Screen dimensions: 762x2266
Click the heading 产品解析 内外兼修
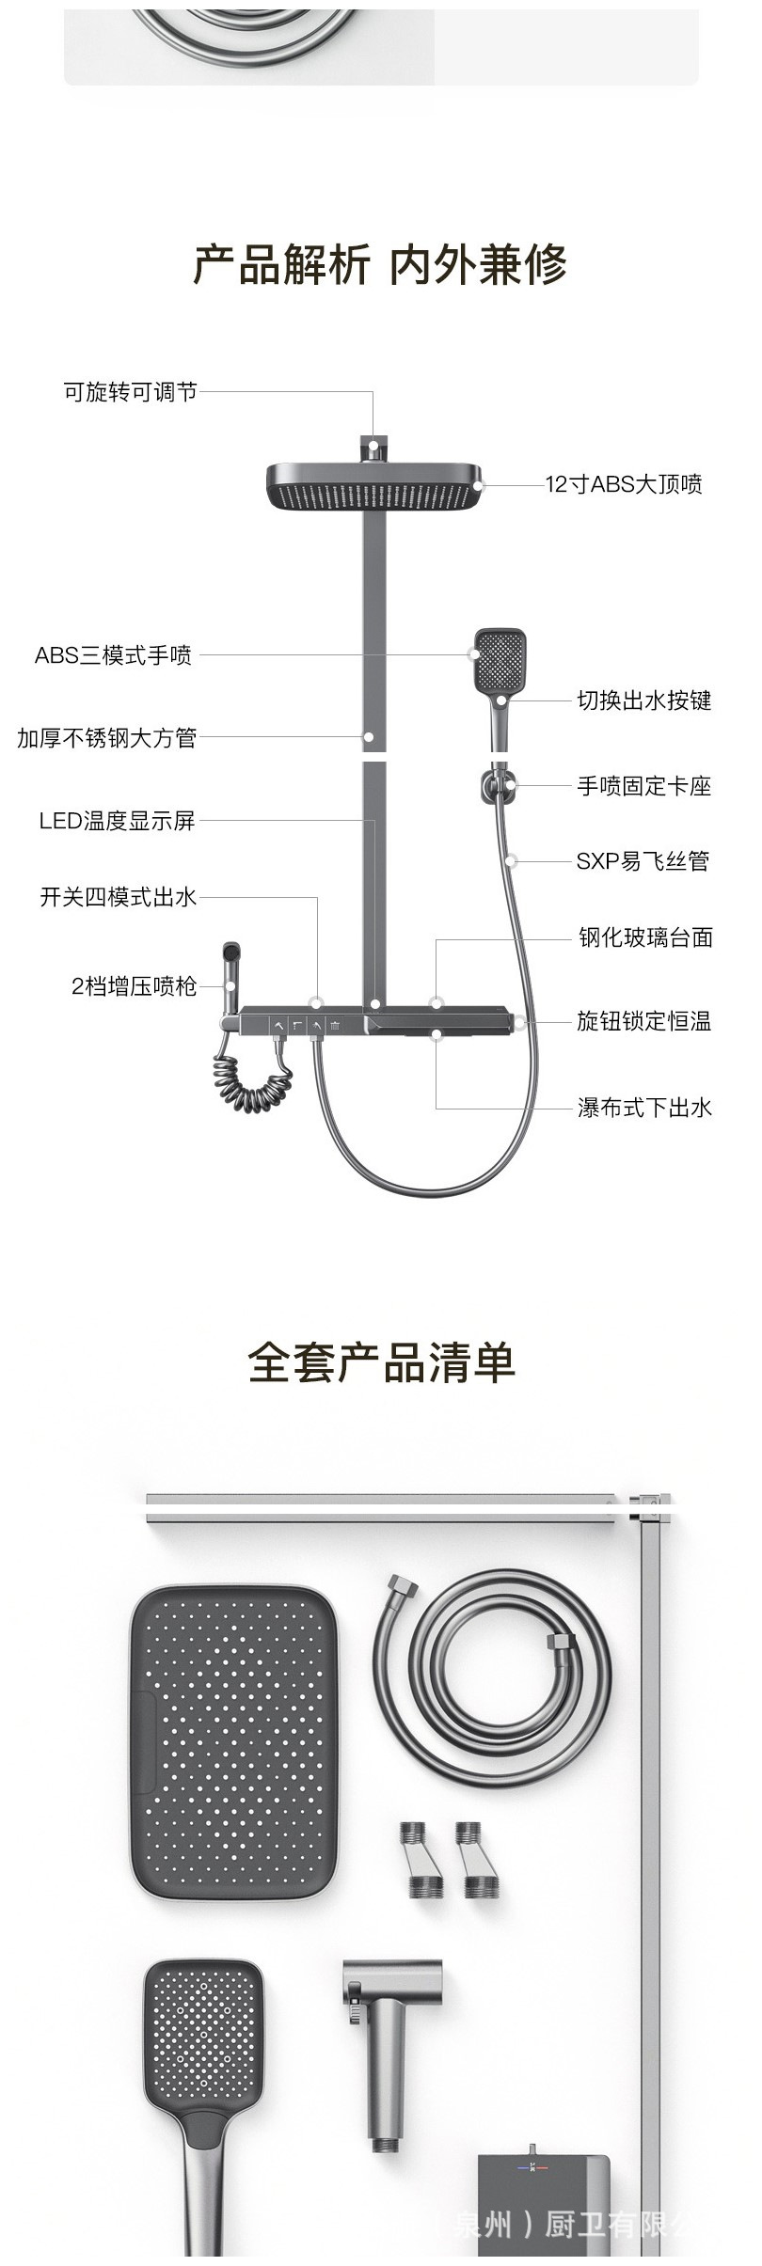pyautogui.click(x=380, y=264)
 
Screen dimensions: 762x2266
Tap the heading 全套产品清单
pyautogui.click(x=381, y=1362)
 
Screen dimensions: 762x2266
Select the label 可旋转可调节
pyautogui.click(x=130, y=392)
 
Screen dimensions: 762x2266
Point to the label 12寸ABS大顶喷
pyautogui.click(x=625, y=484)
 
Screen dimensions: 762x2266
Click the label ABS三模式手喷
pyautogui.click(x=113, y=655)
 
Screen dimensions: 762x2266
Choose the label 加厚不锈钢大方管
pyautogui.click(x=106, y=738)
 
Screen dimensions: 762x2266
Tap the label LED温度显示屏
pyautogui.click(x=117, y=821)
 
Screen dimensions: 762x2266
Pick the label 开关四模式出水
pyautogui.click(x=118, y=897)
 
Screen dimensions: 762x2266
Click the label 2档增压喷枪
pyautogui.click(x=134, y=986)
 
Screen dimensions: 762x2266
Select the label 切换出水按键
pyautogui.click(x=644, y=700)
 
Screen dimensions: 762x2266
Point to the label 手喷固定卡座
pyautogui.click(x=644, y=786)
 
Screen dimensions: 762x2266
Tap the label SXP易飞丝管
pyautogui.click(x=643, y=861)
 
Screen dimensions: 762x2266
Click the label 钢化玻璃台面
pyautogui.click(x=645, y=937)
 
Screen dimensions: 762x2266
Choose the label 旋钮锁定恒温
pyautogui.click(x=644, y=1021)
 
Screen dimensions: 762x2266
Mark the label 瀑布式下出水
pyautogui.click(x=645, y=1108)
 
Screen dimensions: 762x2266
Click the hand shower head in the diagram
pyautogui.click(x=498, y=658)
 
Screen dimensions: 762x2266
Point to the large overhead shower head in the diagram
pyautogui.click(x=374, y=487)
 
